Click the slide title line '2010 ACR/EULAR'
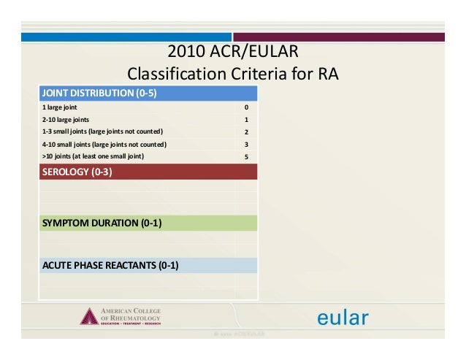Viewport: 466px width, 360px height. [x=233, y=52]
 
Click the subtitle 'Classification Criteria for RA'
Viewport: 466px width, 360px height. [x=233, y=74]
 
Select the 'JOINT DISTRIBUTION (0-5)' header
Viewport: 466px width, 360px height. [x=100, y=93]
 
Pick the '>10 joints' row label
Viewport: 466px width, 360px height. [x=93, y=156]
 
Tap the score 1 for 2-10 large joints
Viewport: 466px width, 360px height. [x=246, y=120]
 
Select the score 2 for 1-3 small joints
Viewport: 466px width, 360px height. [x=246, y=132]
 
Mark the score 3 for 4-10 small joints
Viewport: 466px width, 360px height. [x=246, y=145]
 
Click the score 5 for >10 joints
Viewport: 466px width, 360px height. [x=246, y=156]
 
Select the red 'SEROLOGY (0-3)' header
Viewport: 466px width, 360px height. [x=77, y=172]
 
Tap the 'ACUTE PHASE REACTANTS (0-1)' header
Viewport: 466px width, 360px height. [x=110, y=264]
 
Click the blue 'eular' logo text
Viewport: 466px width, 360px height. [x=342, y=317]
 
